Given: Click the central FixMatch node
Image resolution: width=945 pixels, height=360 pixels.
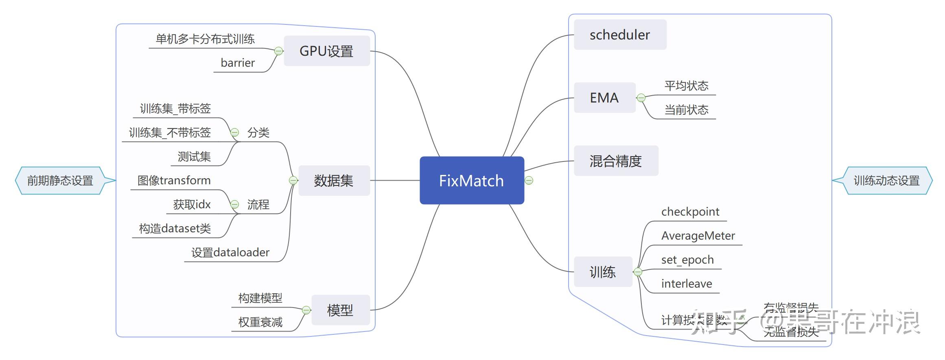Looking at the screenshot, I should pos(471,180).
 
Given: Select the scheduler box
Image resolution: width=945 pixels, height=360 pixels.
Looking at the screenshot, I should pos(619,35).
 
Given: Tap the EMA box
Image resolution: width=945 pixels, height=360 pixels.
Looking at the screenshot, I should pos(604,98).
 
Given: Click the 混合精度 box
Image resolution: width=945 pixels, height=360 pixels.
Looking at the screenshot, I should pos(615,161).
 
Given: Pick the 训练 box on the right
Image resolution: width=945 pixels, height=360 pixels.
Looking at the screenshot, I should pos(602,272).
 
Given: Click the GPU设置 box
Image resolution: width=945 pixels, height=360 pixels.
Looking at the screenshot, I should pos(326,51).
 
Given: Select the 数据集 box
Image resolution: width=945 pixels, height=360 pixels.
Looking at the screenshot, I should pos(333,180).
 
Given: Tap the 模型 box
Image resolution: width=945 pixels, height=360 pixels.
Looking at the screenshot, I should pos(340,310).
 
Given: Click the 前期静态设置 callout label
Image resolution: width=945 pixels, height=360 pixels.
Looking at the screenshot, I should pos(60,180).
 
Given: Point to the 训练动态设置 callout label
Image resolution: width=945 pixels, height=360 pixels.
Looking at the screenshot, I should pos(886,180).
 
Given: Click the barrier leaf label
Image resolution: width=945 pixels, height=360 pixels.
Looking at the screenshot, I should pos(238,63).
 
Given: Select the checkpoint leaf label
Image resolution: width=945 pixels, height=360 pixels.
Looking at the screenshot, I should pos(690,212).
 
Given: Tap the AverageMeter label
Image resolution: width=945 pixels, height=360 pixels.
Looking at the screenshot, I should pos(698,236).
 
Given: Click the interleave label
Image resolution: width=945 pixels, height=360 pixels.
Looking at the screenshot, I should pos(686,284).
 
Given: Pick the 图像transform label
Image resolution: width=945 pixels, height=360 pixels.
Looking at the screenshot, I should pos(174,180).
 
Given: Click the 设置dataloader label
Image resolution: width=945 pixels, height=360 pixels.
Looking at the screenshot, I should pos(230,252).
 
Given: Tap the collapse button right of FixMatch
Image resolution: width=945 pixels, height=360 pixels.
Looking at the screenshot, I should pos(529,180).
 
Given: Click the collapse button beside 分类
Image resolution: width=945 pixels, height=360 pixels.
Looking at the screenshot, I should pos(235,132).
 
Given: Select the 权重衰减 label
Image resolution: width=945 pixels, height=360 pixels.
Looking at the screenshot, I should pos(260,322).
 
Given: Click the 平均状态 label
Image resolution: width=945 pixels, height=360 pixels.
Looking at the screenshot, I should pos(686,85).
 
